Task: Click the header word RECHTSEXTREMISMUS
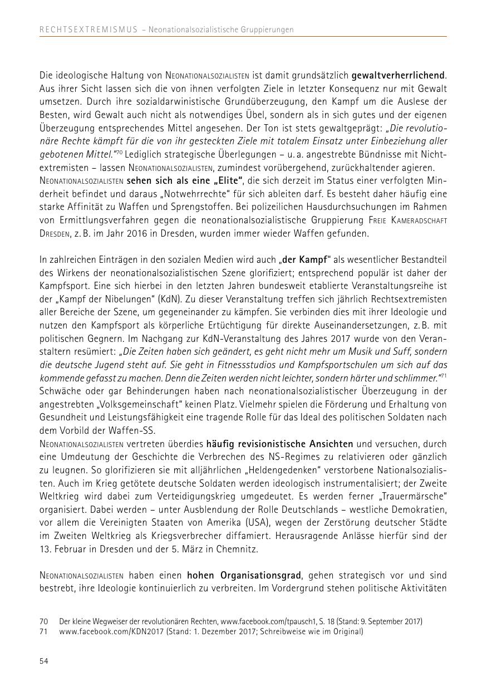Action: (88, 30)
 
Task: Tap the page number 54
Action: (44, 661)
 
